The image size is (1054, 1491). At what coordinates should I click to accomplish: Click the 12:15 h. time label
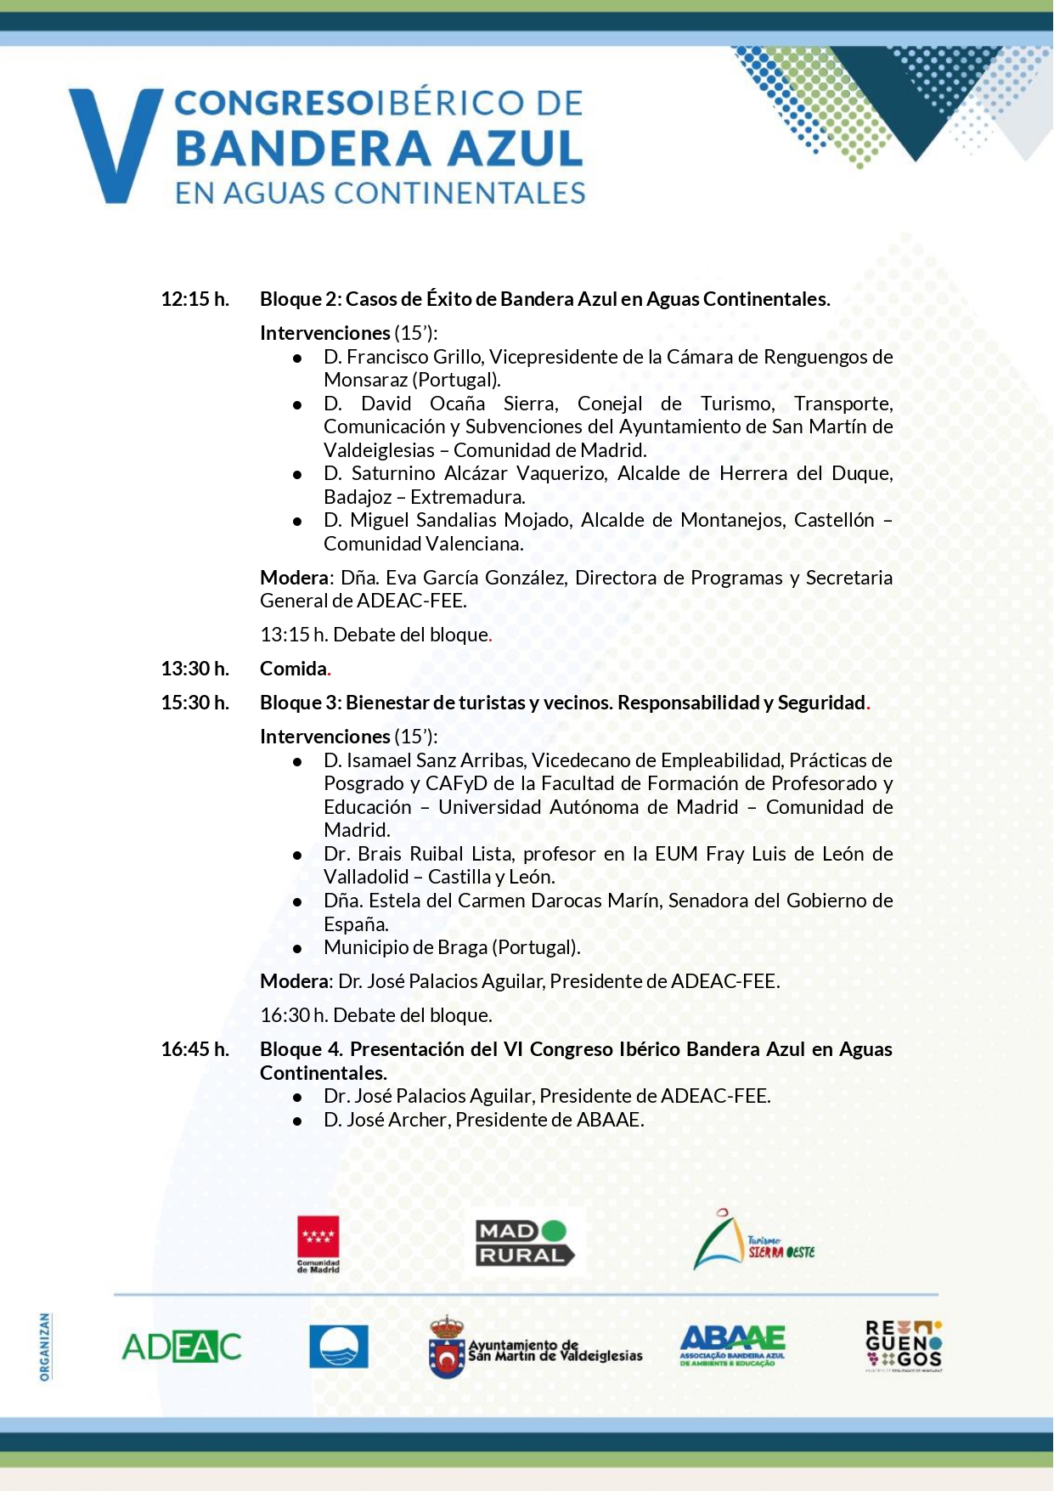coord(195,299)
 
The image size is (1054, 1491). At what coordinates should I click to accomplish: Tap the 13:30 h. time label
coord(195,669)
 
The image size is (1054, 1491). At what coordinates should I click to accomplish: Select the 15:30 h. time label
coord(195,703)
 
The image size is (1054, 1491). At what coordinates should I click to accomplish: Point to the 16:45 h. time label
coord(195,1049)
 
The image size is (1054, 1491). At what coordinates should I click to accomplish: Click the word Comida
coord(294,669)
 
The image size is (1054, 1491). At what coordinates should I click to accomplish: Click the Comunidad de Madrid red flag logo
coord(318,1243)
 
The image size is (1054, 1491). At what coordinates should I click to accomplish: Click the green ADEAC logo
coord(182,1347)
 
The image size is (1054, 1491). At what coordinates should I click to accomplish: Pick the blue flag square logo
coord(338,1346)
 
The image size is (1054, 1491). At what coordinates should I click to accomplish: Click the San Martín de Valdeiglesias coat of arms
coord(447,1347)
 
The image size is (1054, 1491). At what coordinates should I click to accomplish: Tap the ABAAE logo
coord(732,1346)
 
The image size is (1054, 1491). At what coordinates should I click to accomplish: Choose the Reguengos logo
coord(904,1346)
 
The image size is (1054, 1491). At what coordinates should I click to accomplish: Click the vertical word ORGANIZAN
coord(45,1347)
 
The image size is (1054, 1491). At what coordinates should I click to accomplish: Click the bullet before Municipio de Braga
coord(297,948)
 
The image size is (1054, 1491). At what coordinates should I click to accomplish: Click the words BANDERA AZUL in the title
coord(379,148)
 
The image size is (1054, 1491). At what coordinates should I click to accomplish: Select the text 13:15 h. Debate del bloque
coord(375,635)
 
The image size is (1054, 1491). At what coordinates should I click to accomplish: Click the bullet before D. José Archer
coord(297,1121)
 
